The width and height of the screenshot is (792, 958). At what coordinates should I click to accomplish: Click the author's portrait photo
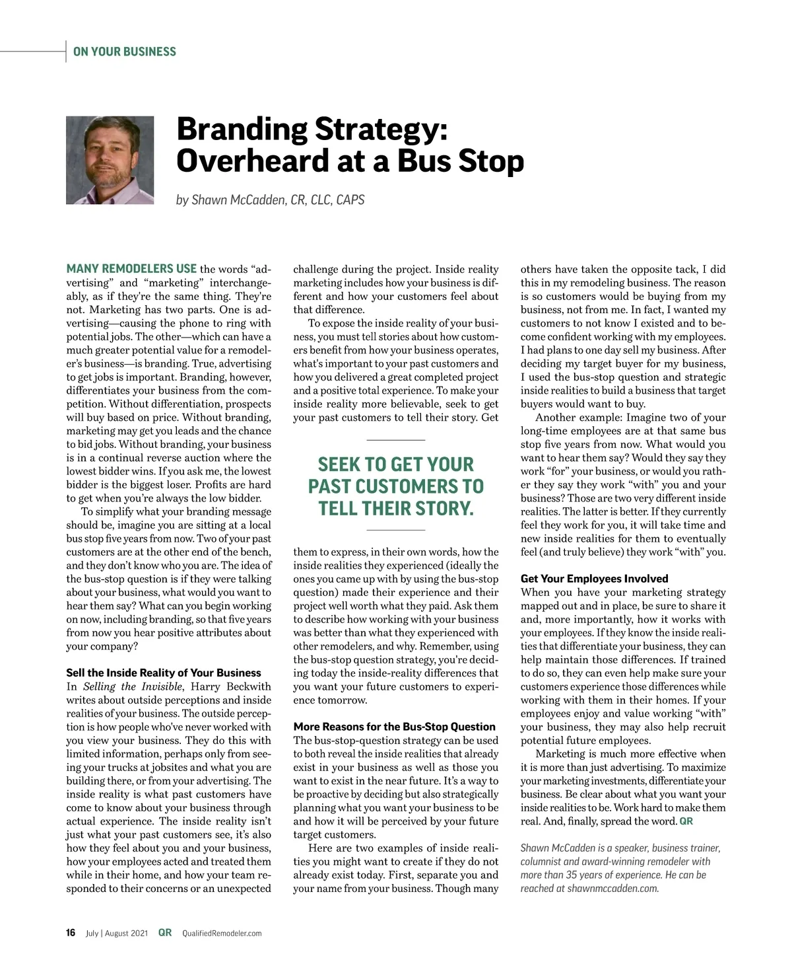tap(110, 161)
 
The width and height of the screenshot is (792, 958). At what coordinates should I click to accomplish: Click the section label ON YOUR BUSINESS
tap(125, 52)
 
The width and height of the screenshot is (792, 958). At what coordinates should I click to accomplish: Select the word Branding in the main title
tap(242, 129)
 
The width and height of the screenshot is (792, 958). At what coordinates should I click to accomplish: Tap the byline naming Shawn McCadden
tap(270, 200)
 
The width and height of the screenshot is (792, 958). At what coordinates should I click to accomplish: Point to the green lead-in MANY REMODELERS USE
tap(131, 269)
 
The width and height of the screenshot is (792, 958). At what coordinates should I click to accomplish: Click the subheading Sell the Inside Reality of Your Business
tap(164, 673)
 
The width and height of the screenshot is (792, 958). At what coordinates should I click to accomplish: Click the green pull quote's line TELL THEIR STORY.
tap(396, 509)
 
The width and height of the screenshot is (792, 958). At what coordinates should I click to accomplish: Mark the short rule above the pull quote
tap(395, 440)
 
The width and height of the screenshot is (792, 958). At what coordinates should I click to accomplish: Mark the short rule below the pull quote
tap(395, 531)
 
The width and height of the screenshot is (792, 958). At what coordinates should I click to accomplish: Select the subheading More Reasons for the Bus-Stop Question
tap(394, 727)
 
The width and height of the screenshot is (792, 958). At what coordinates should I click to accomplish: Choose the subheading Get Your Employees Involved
tap(594, 579)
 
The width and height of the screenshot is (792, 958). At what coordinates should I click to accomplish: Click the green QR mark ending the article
tap(686, 821)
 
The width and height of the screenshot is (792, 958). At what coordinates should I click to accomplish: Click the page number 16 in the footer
tap(71, 933)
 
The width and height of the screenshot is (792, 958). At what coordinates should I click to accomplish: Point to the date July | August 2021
tap(117, 934)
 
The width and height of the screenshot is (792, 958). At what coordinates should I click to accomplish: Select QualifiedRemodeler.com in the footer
tap(222, 934)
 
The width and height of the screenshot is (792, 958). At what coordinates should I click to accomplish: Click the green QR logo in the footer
tap(165, 933)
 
